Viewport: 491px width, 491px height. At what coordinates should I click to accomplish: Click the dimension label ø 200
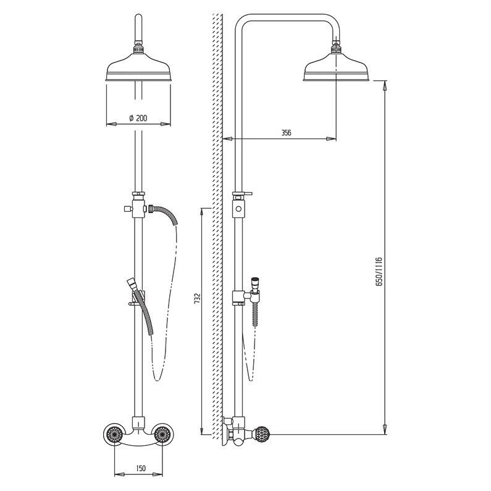click(138, 118)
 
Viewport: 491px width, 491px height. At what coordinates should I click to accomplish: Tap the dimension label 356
click(286, 133)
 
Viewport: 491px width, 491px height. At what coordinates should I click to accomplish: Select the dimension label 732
click(197, 298)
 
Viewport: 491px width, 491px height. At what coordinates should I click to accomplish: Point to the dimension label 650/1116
click(379, 272)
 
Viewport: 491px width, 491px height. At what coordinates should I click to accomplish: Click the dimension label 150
click(141, 468)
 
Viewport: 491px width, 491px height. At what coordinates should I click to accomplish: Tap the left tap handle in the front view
click(113, 434)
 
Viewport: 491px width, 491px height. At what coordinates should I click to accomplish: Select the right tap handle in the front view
click(162, 434)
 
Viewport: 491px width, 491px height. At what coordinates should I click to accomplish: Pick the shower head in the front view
click(138, 67)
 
